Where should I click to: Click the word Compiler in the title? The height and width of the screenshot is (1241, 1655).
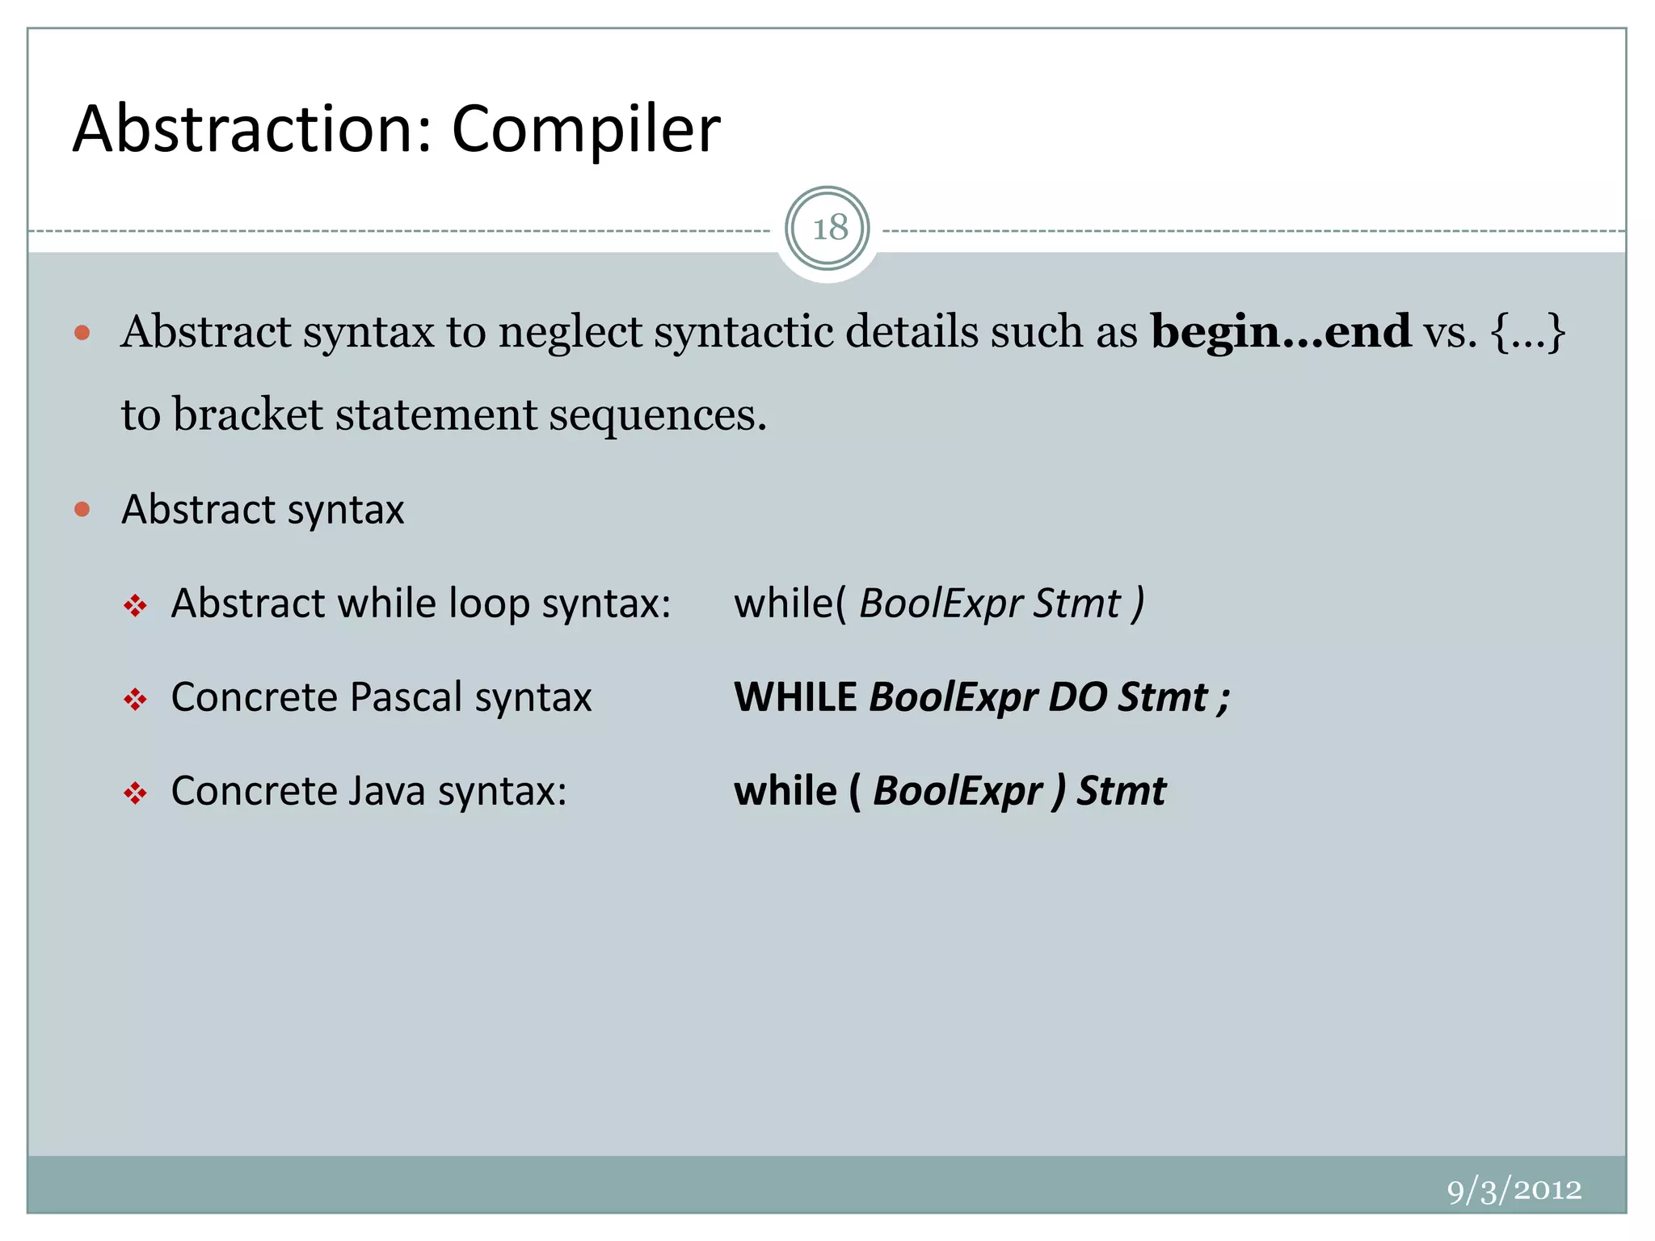tap(585, 129)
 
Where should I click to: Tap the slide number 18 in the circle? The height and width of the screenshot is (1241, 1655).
tap(828, 229)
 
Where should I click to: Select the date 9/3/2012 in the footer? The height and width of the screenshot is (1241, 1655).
tap(1514, 1190)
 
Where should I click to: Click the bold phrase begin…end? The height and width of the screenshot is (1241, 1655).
tap(1280, 332)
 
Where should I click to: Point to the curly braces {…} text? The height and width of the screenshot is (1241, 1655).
tap(1528, 332)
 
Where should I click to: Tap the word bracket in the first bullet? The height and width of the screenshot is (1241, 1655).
tap(248, 414)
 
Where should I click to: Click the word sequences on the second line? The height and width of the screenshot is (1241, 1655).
tap(657, 416)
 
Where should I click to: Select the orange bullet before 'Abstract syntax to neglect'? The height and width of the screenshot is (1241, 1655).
tap(82, 332)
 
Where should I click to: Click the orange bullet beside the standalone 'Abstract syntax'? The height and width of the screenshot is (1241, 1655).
tap(82, 509)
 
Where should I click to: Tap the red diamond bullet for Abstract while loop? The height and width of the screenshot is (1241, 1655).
tap(135, 605)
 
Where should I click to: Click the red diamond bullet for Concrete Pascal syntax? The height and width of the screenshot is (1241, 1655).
tap(135, 699)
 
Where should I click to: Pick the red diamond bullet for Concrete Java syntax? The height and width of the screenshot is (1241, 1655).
tap(135, 793)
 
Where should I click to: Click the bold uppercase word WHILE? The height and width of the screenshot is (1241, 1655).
tap(795, 697)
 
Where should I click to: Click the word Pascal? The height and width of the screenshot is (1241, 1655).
tap(406, 697)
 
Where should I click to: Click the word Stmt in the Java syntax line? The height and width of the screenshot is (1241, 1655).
tap(1122, 791)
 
